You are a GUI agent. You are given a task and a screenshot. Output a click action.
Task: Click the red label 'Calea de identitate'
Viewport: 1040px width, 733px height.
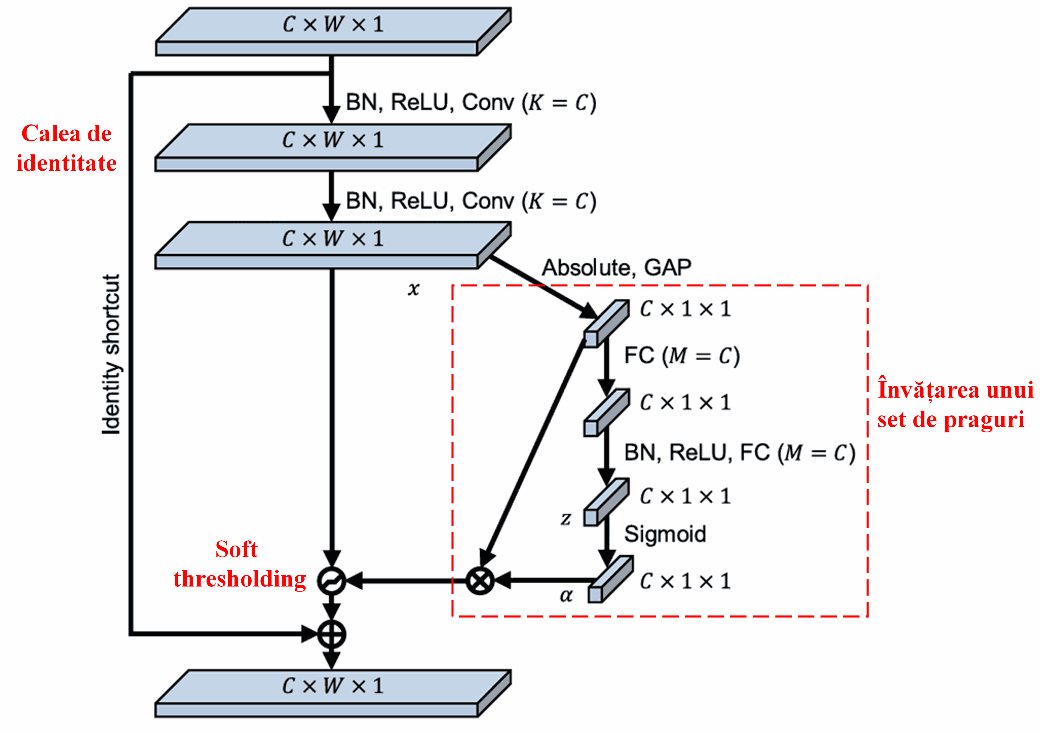pyautogui.click(x=67, y=148)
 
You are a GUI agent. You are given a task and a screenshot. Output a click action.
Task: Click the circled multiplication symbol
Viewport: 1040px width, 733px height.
pyautogui.click(x=480, y=581)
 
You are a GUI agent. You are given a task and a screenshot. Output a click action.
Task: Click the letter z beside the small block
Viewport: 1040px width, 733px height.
pyautogui.click(x=566, y=518)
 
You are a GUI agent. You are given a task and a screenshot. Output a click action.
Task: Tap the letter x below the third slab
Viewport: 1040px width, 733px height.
pyautogui.click(x=413, y=288)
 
